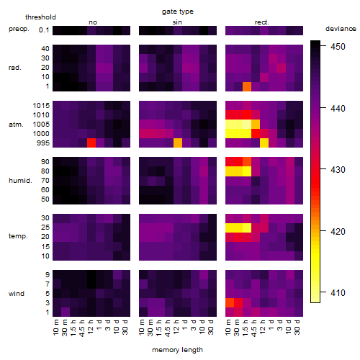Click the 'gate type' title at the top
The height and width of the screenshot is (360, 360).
(x=178, y=12)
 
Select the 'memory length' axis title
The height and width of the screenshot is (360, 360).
(x=177, y=350)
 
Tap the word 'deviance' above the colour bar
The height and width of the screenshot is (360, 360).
(x=341, y=29)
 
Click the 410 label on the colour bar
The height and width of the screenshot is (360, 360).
(x=338, y=293)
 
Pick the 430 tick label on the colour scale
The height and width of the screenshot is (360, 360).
(x=338, y=170)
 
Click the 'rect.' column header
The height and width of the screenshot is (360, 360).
(x=261, y=22)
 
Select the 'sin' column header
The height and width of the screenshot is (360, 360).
(x=177, y=22)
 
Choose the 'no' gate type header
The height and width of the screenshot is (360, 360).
(x=93, y=22)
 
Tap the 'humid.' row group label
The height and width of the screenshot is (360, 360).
(x=20, y=181)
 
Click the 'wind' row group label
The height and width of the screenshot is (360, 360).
(x=17, y=294)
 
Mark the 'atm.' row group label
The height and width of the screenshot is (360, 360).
(x=16, y=125)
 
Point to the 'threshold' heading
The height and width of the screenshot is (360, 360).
(x=40, y=17)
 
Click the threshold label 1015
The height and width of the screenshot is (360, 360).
(x=41, y=106)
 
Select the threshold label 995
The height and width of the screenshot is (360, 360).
(x=43, y=143)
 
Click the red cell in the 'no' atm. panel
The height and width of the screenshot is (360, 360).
(x=91, y=143)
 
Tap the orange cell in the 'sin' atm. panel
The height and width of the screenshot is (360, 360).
(x=178, y=143)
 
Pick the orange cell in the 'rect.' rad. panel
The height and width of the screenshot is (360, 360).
(x=247, y=86)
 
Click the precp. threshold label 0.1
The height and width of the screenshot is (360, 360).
(x=44, y=30)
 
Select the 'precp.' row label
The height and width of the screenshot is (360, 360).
(x=19, y=29)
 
